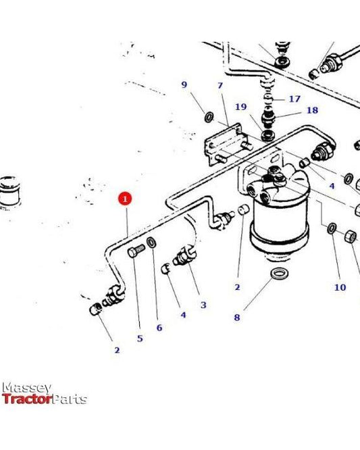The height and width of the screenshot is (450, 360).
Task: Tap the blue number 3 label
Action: click(203, 305)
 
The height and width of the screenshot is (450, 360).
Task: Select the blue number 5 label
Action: click(140, 338)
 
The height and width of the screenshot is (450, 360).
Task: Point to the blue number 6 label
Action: click(159, 328)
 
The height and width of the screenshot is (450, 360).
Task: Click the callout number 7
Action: click(220, 86)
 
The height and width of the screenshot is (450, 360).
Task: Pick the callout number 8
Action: click(236, 317)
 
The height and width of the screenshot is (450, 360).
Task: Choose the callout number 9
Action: click(184, 84)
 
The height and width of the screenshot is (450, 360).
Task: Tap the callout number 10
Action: click(339, 287)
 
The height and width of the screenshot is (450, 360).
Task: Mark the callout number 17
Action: click(294, 99)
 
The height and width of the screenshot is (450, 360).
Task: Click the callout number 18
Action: click(311, 110)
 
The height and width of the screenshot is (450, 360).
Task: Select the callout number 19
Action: click(240, 107)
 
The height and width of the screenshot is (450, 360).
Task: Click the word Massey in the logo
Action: click(27, 388)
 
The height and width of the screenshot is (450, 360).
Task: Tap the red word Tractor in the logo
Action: click(27, 399)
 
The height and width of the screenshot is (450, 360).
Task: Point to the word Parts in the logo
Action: click(70, 399)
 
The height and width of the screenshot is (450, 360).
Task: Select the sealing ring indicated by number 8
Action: click(278, 274)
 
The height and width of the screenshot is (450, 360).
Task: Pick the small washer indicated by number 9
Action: click(209, 119)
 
